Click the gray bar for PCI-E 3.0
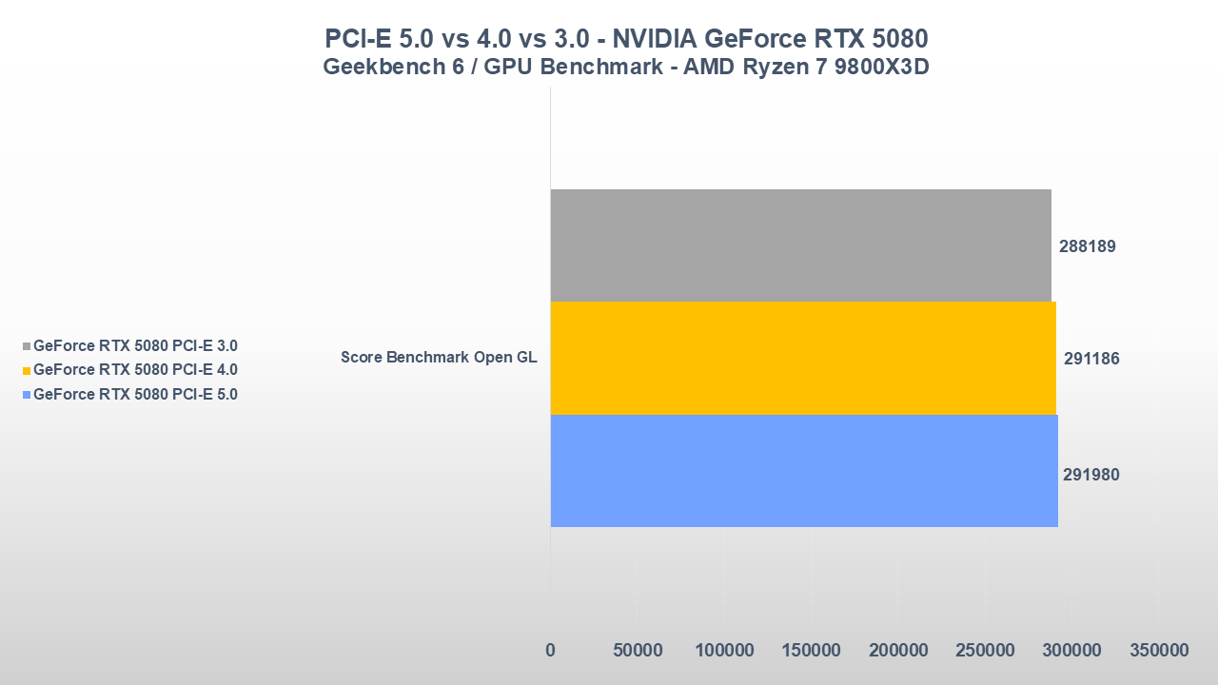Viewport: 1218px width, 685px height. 800,245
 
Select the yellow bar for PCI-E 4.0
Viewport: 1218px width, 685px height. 803,359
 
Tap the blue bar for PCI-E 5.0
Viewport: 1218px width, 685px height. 804,471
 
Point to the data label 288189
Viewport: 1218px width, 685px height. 1088,246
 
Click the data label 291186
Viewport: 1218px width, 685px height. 1091,360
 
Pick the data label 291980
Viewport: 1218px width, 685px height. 1091,474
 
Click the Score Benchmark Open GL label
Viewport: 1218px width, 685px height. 439,359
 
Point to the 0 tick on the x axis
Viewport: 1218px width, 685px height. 550,651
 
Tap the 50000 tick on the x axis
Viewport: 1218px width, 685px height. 637,651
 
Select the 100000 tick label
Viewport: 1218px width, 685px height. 724,651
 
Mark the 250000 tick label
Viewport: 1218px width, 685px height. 985,651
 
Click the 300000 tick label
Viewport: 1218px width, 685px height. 1071,651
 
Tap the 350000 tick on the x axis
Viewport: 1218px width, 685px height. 1159,651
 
